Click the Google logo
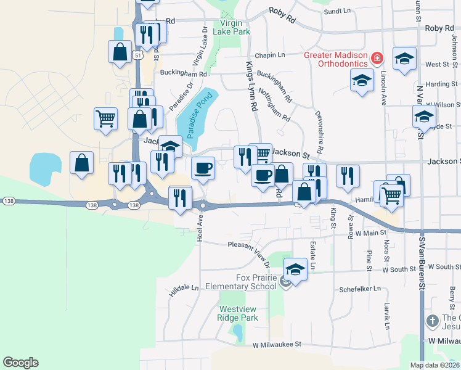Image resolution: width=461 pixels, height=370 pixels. pos(20,363)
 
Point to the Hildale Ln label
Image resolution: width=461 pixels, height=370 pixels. pos(185,289)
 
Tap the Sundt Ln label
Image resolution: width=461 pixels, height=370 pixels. pos(337,11)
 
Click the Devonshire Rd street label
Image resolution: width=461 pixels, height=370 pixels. pos(320,133)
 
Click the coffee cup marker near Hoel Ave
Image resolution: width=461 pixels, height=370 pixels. pos(203,168)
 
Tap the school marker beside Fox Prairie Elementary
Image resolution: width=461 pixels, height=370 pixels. pos(295,269)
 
